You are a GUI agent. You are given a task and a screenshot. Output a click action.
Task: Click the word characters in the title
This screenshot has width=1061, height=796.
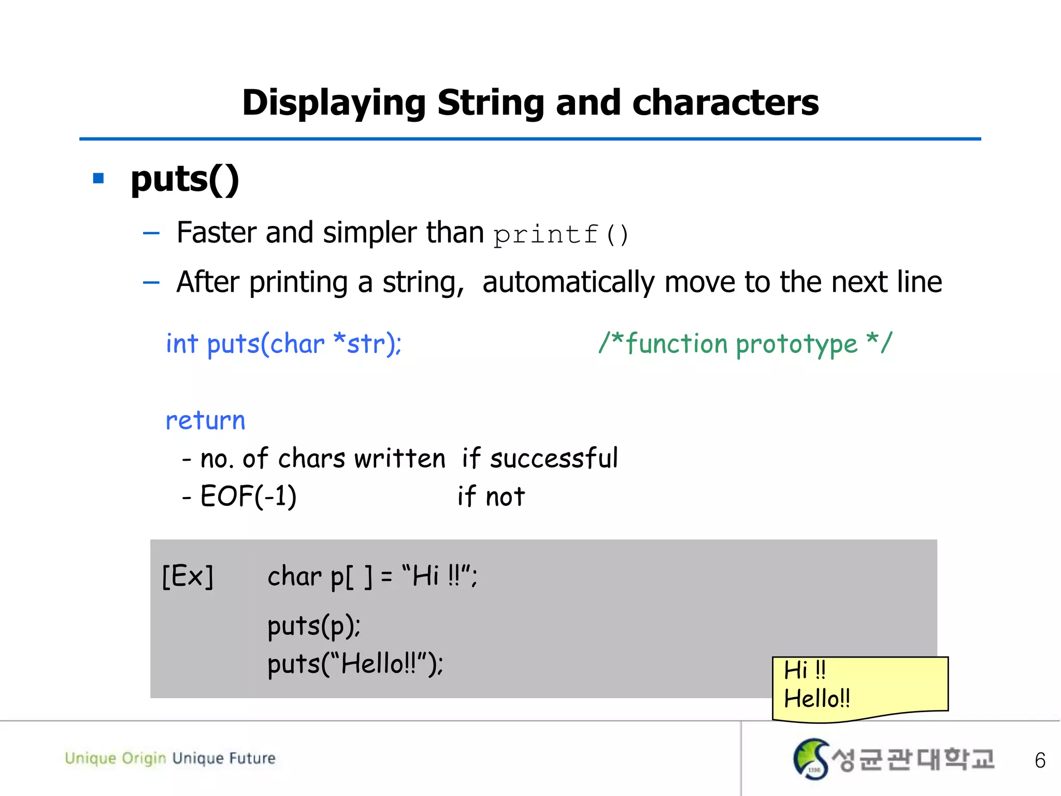tap(725, 103)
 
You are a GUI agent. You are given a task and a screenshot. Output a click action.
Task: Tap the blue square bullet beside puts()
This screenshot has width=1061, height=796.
tap(98, 179)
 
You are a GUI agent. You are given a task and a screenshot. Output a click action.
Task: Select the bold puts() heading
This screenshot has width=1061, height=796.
tap(185, 180)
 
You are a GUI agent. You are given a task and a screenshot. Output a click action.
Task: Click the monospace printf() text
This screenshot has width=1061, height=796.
tap(561, 234)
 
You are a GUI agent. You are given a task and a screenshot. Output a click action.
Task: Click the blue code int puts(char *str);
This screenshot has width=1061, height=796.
tap(283, 344)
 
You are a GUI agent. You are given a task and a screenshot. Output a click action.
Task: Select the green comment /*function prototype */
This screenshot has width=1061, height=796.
tap(745, 344)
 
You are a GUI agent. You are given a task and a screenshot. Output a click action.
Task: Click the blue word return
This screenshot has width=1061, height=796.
tap(205, 420)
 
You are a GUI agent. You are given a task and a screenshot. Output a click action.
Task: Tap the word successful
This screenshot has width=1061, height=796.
tap(553, 459)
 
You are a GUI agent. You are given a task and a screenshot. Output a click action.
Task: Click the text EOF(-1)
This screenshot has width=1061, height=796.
tap(248, 496)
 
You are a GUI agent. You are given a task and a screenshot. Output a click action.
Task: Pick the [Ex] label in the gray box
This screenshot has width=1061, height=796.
tap(188, 576)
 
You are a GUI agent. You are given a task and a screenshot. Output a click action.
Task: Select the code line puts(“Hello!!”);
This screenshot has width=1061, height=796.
tap(355, 664)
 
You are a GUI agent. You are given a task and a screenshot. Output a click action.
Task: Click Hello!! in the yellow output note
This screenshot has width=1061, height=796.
tap(817, 699)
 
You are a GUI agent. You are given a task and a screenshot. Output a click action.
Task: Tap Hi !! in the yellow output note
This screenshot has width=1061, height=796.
tap(805, 670)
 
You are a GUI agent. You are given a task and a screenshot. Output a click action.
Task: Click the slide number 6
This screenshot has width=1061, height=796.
tap(1040, 760)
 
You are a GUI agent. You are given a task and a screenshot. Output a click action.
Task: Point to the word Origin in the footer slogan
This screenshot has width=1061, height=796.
tap(144, 759)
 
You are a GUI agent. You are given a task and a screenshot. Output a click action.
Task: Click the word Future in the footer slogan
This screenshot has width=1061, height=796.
tap(252, 758)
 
